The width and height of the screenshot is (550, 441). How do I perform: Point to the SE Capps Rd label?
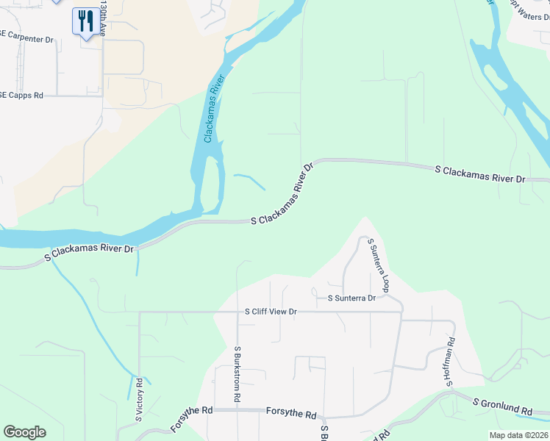pos(23,96)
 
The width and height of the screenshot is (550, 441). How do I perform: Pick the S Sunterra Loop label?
pos(378,265)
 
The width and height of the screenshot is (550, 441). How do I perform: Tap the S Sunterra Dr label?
pos(351,298)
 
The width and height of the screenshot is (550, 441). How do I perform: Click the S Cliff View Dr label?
pos(271,312)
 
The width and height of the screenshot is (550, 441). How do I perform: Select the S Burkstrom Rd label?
pos(238,373)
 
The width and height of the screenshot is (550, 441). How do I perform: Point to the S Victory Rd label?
pos(138,401)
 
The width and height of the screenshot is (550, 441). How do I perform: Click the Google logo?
pos(24,432)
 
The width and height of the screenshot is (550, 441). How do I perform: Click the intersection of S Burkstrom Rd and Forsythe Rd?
pos(238,409)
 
